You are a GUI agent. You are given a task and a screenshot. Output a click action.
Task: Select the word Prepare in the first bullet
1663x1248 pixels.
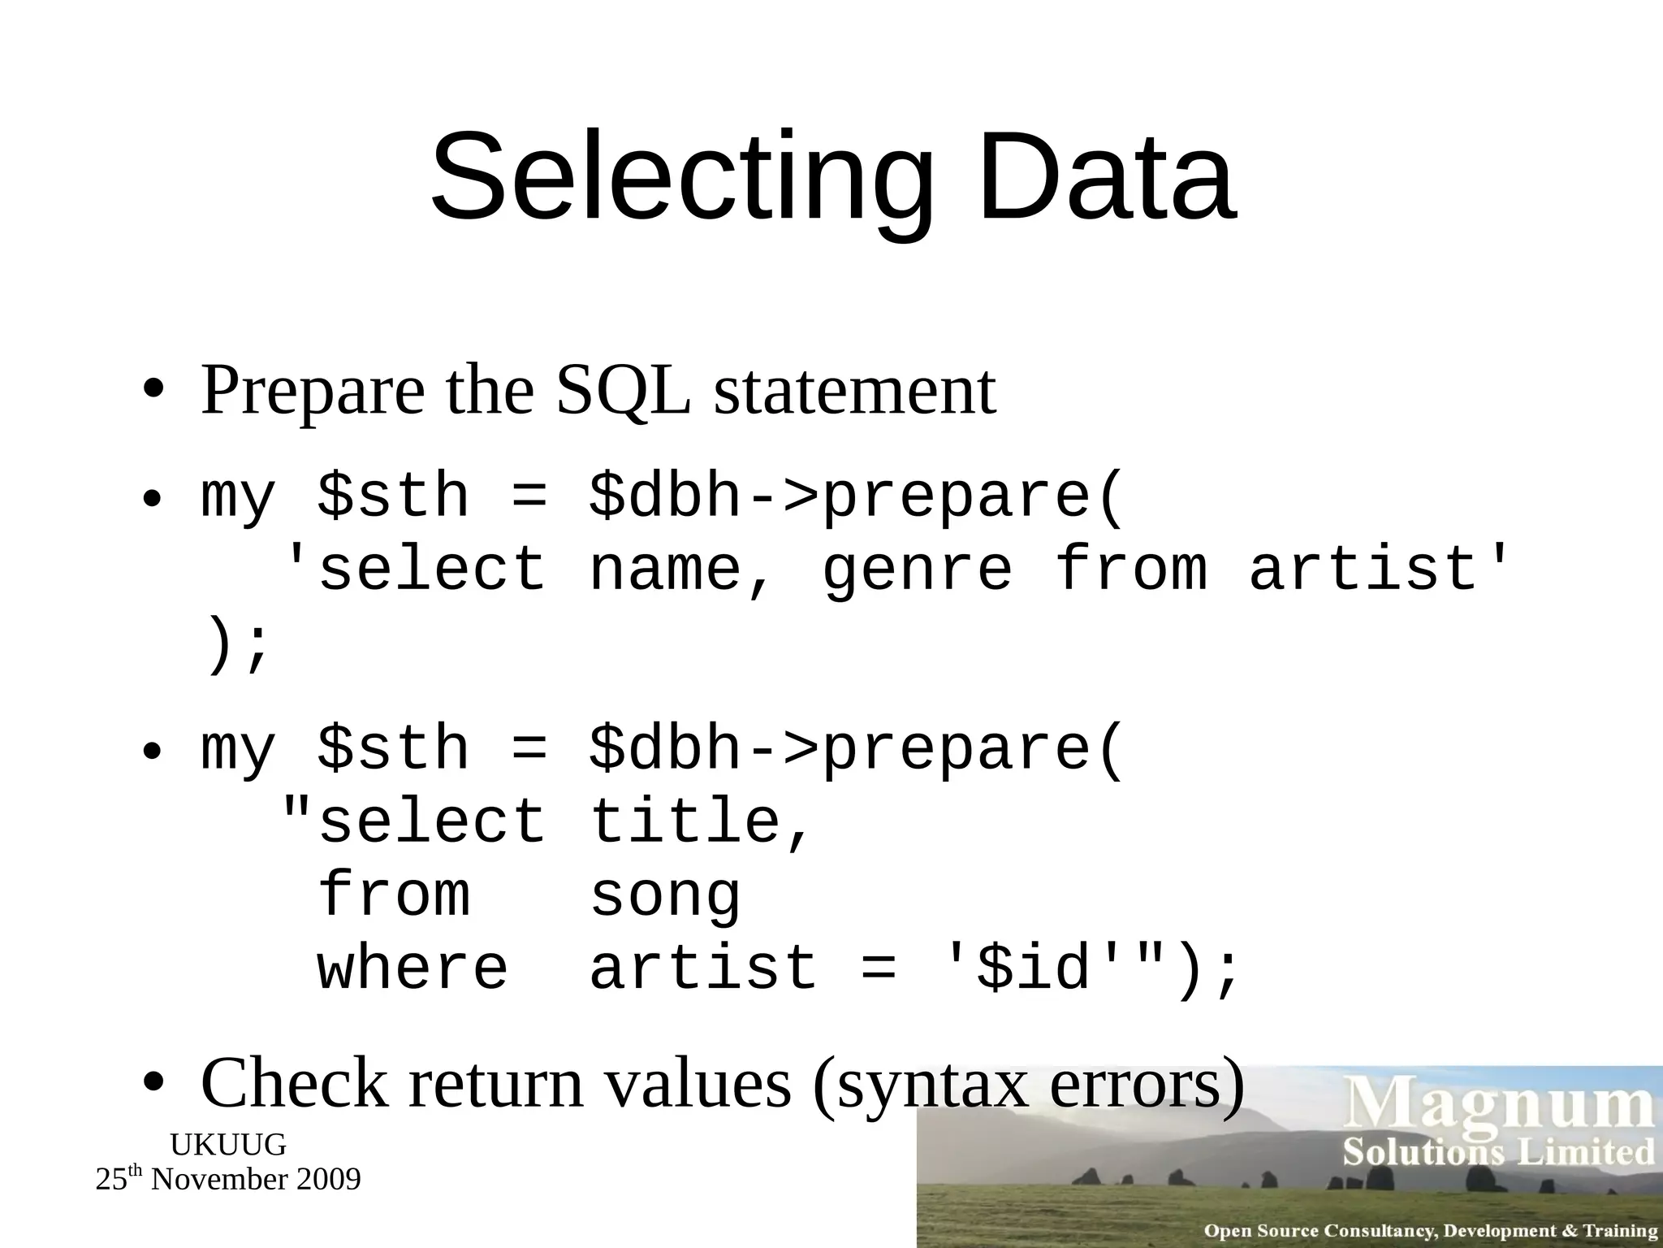313,392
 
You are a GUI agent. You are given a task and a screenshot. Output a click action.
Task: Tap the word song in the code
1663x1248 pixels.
665,896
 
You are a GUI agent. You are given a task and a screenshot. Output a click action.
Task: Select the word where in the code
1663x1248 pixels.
413,968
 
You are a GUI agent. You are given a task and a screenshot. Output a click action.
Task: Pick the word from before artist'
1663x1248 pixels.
1130,569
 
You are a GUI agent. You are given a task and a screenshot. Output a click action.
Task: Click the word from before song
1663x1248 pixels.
394,895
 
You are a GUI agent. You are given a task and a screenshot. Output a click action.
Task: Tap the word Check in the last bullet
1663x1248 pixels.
294,1084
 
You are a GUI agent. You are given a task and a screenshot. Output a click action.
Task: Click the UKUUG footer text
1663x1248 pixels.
228,1145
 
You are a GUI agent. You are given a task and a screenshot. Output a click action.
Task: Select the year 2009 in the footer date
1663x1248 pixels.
328,1180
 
